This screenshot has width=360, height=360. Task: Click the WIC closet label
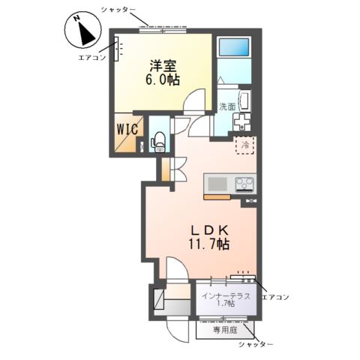point(126,128)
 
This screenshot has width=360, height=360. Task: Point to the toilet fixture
point(158,140)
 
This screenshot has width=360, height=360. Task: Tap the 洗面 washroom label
point(227,106)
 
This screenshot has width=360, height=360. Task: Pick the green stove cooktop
point(245,183)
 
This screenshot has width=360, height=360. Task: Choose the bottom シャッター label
point(255,344)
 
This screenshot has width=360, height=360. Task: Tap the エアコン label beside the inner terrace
point(274,297)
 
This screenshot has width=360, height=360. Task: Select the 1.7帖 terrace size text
point(226,303)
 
